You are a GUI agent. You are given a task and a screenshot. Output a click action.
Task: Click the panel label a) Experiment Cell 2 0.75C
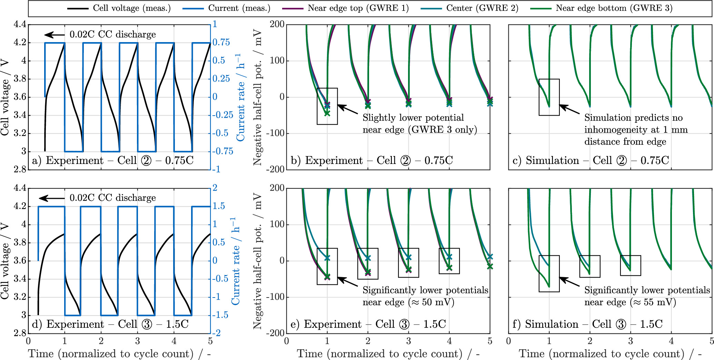pos(112,160)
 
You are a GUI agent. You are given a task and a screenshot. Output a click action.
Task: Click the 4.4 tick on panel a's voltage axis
pos(20,25)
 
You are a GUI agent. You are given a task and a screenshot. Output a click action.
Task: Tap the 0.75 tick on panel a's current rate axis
pos(221,42)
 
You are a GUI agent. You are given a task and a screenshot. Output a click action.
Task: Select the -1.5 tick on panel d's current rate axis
pos(220,315)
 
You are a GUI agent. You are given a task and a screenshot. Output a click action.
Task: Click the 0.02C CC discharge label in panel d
pos(112,198)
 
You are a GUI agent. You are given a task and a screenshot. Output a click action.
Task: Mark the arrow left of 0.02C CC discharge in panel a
pos(54,35)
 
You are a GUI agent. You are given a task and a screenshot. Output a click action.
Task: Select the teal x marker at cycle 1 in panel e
pos(327,258)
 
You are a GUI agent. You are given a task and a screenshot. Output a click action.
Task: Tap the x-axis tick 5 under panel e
pos(490,341)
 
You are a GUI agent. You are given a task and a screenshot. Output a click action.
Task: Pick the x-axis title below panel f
pos(610,353)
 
